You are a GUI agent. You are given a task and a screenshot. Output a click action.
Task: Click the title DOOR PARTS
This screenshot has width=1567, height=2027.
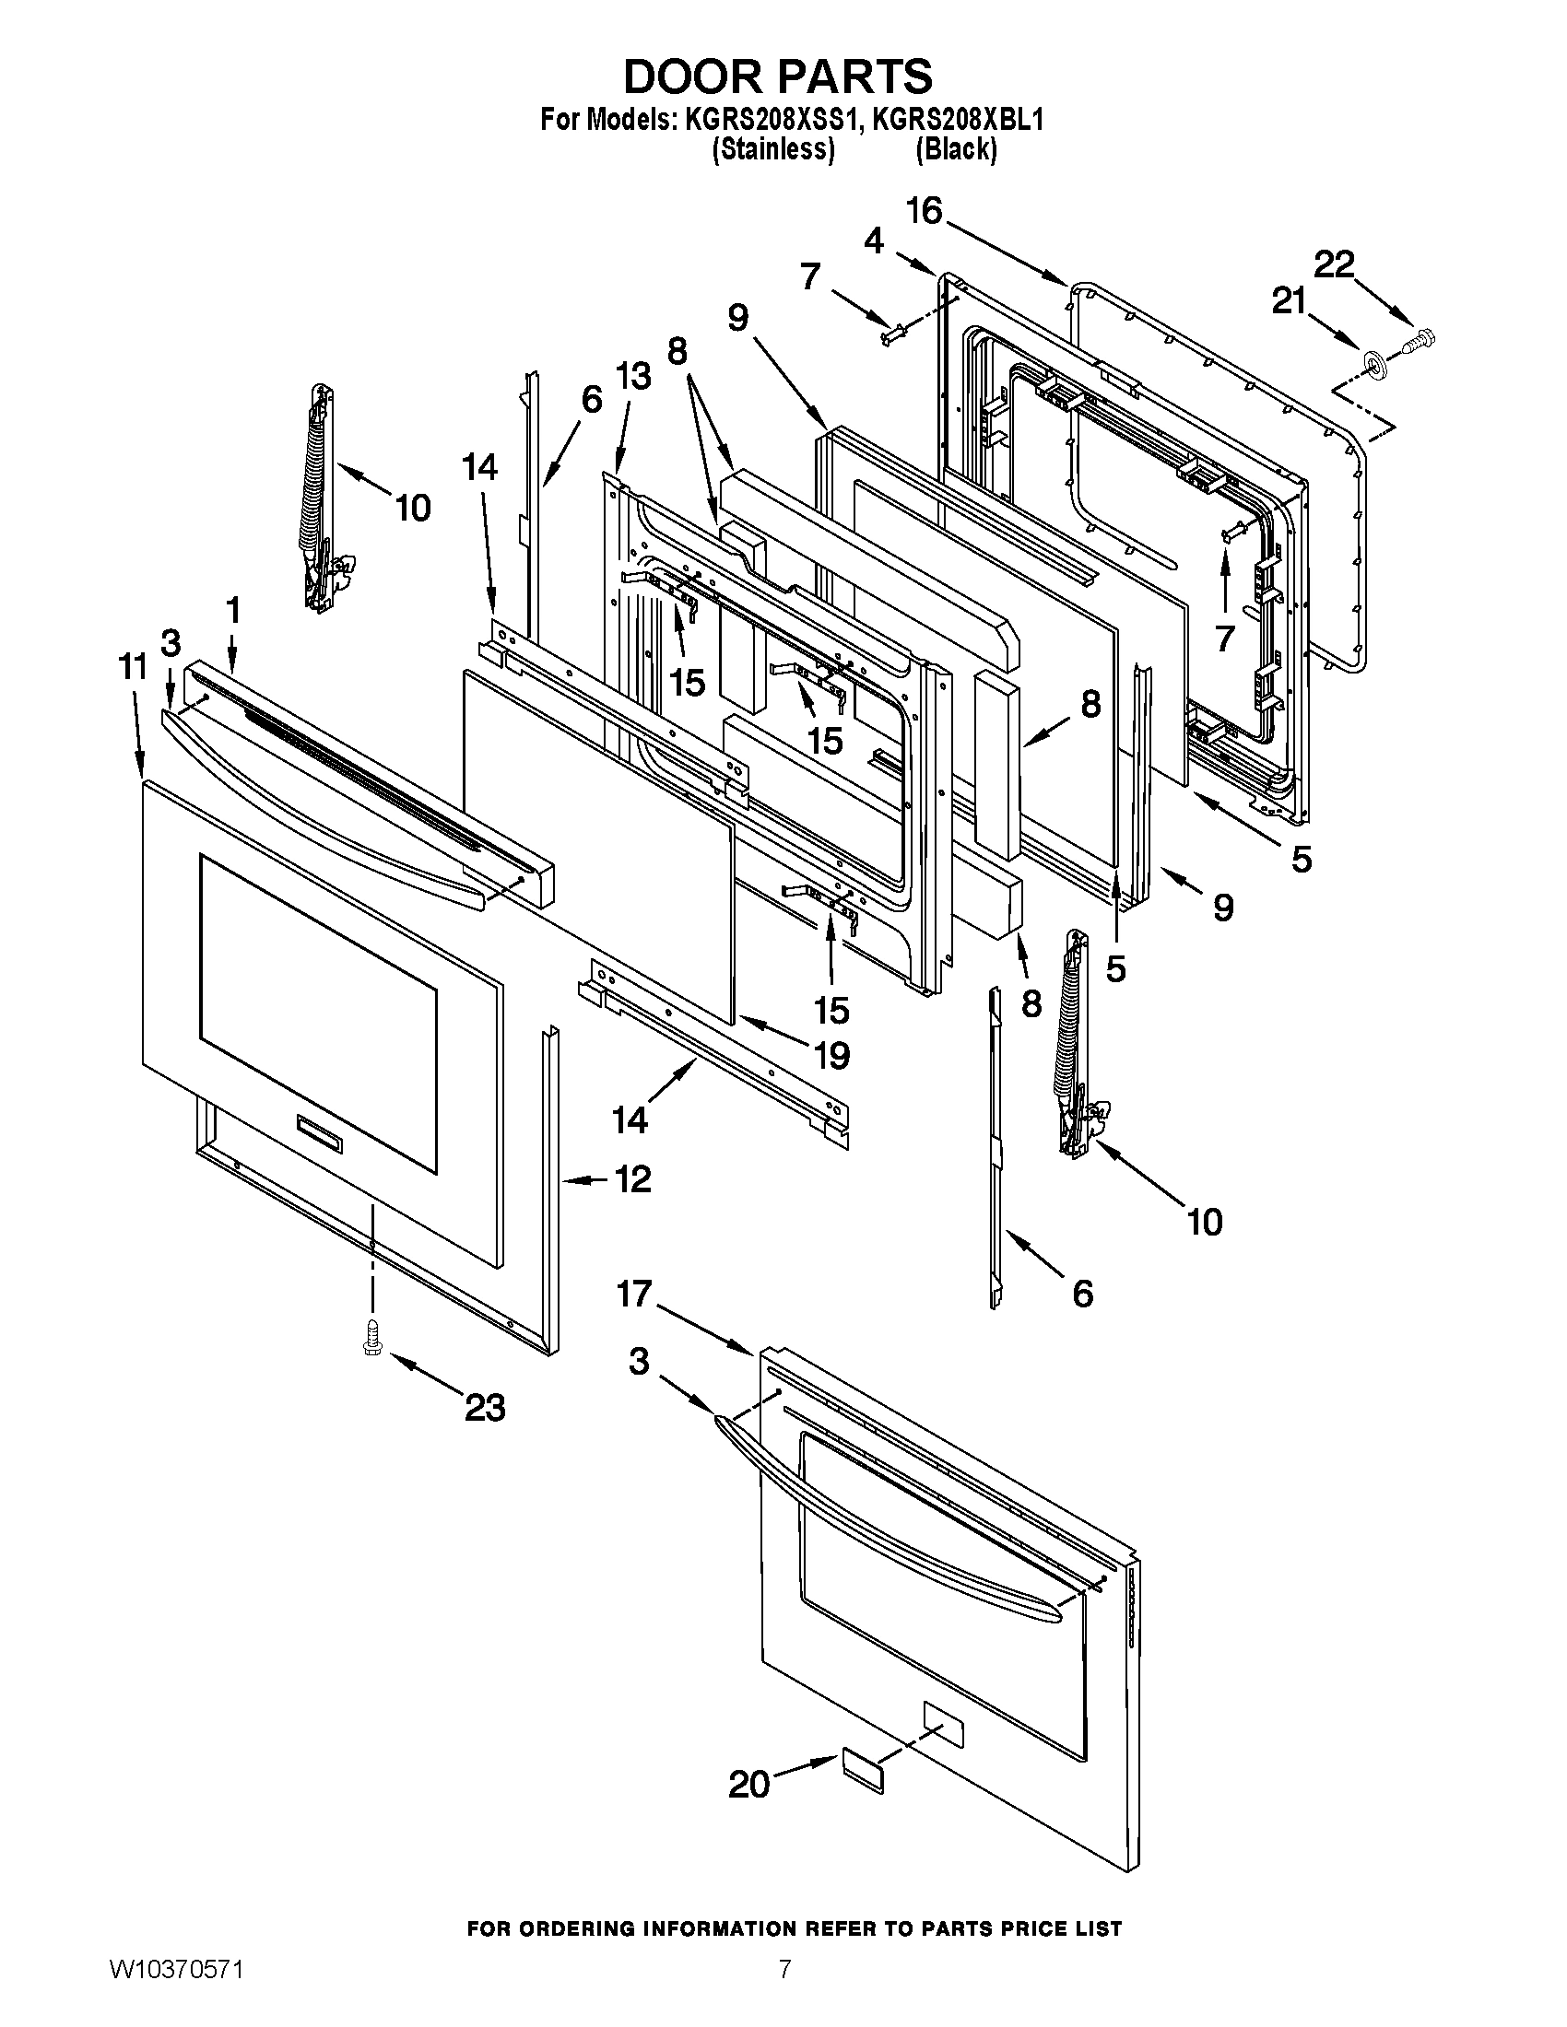(x=778, y=76)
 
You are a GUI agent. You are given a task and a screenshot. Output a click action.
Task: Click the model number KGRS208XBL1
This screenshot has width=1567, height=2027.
(x=959, y=121)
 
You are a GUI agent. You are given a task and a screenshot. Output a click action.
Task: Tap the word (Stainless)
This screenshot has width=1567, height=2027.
(x=773, y=149)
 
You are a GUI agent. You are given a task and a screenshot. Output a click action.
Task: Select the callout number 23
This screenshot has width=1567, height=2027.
(x=485, y=1408)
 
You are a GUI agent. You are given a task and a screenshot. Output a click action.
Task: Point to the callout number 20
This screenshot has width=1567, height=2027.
(x=749, y=1784)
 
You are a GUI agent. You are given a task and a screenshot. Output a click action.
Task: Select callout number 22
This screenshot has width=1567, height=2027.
(x=1334, y=264)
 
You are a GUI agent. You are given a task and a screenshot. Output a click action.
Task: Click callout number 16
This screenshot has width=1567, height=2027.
(x=924, y=211)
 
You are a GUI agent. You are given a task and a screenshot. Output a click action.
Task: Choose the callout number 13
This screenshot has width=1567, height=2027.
(x=633, y=376)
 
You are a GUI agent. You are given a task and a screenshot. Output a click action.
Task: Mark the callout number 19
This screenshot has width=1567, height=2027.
(x=831, y=1055)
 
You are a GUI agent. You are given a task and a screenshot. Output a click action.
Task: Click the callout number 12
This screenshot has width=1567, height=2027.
(x=632, y=1179)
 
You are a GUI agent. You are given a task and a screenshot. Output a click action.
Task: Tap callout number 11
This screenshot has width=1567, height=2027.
(x=133, y=666)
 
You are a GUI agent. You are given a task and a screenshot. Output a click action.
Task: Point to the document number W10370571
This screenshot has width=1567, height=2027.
(x=176, y=1992)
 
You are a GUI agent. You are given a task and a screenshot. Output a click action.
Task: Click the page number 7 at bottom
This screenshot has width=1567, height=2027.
(x=784, y=1992)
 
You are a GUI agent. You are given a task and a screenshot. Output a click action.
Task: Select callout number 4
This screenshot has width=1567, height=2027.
(x=874, y=241)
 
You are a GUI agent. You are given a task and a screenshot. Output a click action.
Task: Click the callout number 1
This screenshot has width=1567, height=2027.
(x=232, y=610)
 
